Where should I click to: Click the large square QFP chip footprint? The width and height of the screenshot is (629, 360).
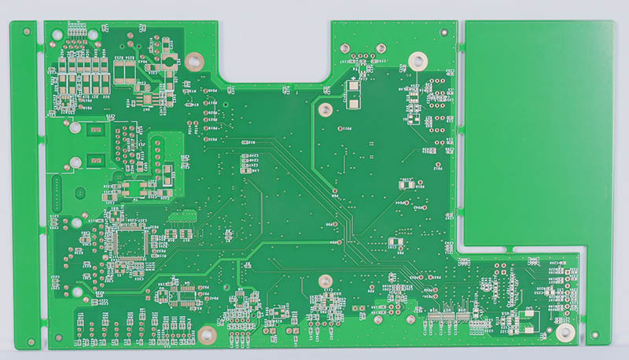[x=129, y=241]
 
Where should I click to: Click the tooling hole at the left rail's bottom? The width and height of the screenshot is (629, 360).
[x=30, y=343]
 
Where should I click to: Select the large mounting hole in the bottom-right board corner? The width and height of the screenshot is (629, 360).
[x=564, y=332]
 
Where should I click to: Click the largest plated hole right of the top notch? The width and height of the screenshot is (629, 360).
[x=419, y=59]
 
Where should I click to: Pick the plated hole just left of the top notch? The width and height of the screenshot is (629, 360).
[x=195, y=60]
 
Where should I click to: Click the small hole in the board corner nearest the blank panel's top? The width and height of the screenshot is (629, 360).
[x=447, y=30]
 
